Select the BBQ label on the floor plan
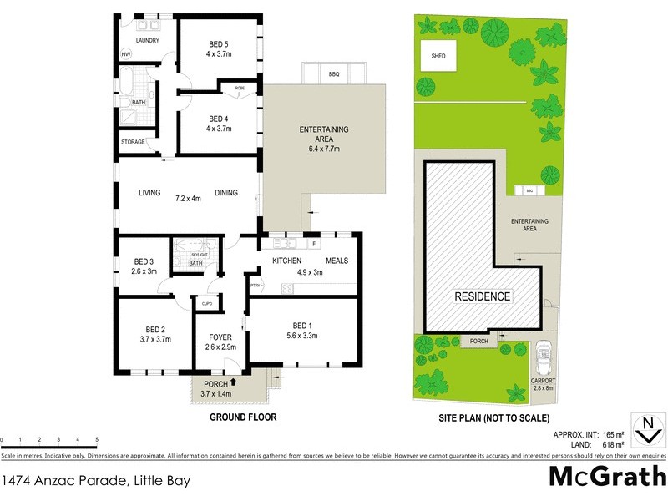[x=334, y=74]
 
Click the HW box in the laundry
[x=127, y=54]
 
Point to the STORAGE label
[x=133, y=142]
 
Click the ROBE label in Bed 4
[x=240, y=87]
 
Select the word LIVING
[x=149, y=193]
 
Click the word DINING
[x=225, y=193]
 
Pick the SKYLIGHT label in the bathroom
[x=198, y=252]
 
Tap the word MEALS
[x=337, y=261]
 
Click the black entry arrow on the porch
[x=235, y=382]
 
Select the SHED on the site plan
[x=438, y=57]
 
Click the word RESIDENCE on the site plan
[x=483, y=296]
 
